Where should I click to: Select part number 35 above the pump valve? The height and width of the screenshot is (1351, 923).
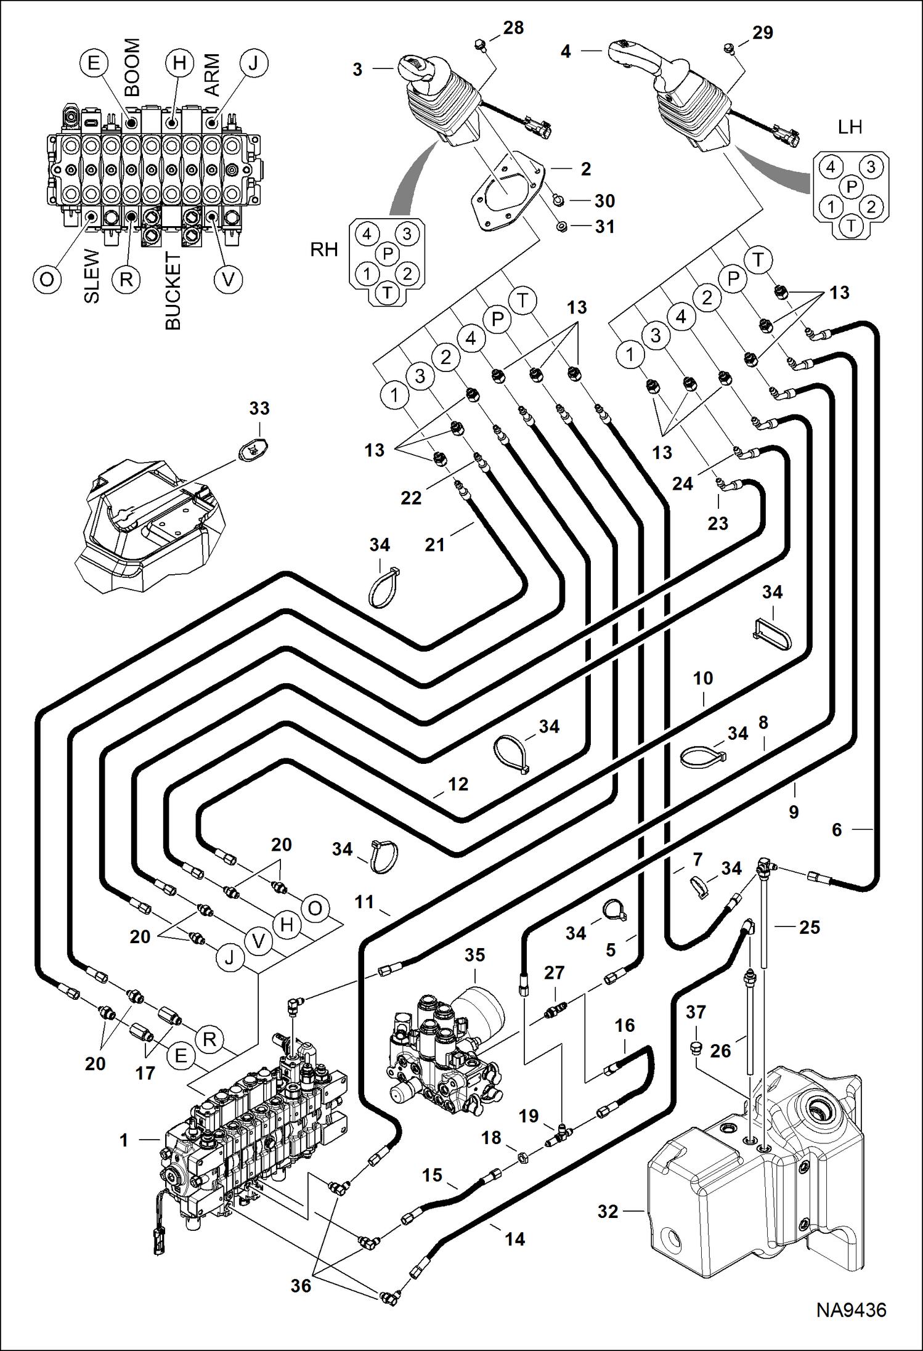[x=474, y=955]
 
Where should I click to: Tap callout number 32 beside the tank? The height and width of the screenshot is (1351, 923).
[x=608, y=1211]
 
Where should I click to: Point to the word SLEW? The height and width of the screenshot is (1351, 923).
[x=92, y=275]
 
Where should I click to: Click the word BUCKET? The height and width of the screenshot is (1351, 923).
[x=173, y=290]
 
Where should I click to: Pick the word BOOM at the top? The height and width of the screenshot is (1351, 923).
[x=132, y=67]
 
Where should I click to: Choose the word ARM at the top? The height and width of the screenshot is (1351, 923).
[x=211, y=75]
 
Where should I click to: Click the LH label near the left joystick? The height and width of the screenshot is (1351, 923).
[x=850, y=127]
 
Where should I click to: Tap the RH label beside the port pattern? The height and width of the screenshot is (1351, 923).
[x=324, y=250]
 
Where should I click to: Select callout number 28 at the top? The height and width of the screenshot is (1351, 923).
[x=513, y=28]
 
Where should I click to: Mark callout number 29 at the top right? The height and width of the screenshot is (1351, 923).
[x=762, y=32]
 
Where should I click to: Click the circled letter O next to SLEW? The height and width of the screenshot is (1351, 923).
[x=47, y=280]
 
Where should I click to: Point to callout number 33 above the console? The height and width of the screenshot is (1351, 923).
[x=259, y=408]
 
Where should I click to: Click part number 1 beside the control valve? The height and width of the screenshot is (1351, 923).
[x=124, y=1140]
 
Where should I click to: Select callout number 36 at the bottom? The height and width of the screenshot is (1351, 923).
[x=301, y=1286]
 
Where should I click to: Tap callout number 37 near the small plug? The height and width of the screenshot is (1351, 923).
[x=696, y=1012]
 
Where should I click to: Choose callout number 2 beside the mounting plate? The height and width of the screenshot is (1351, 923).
[x=585, y=168]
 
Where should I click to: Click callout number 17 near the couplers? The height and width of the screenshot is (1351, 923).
[x=145, y=1073]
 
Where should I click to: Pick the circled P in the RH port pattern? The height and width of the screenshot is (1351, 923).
[x=387, y=253]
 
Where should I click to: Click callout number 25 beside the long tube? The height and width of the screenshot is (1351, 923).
[x=809, y=927]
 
